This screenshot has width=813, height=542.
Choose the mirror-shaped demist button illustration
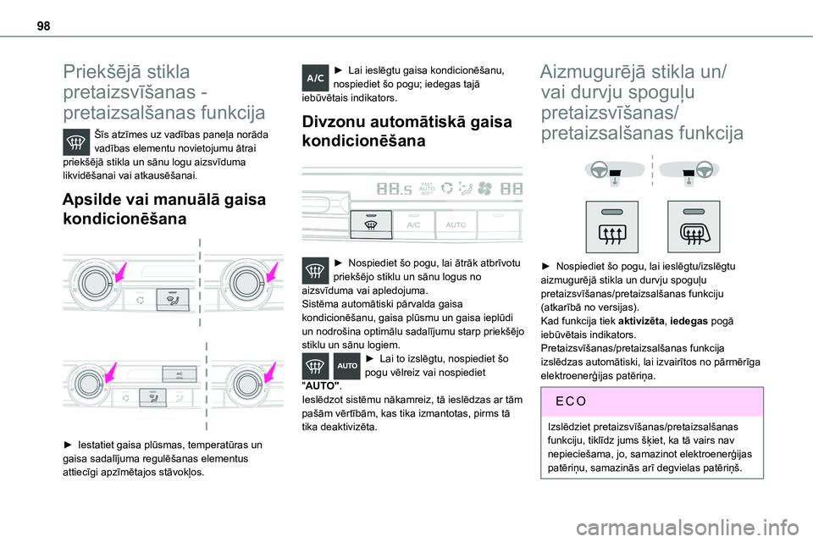tap(694, 226)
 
